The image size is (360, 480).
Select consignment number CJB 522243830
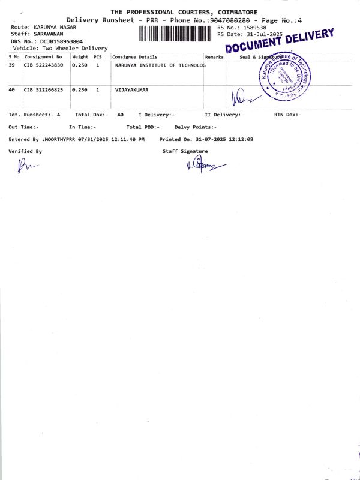tap(43, 65)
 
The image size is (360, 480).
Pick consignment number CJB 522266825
tap(43, 89)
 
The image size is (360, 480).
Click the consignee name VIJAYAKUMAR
tap(131, 89)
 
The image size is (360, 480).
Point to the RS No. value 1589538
tap(254, 28)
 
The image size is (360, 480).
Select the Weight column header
tap(80, 57)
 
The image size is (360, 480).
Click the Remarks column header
tap(214, 57)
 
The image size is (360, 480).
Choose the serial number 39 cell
tap(12, 65)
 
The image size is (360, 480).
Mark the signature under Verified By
tap(27, 165)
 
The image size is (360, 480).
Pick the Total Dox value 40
tap(121, 115)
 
